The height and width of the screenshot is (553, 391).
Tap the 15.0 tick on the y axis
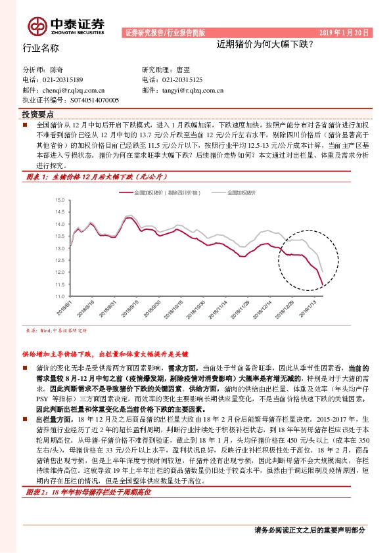click(x=60, y=199)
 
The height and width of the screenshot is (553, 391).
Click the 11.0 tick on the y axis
click(x=60, y=297)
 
